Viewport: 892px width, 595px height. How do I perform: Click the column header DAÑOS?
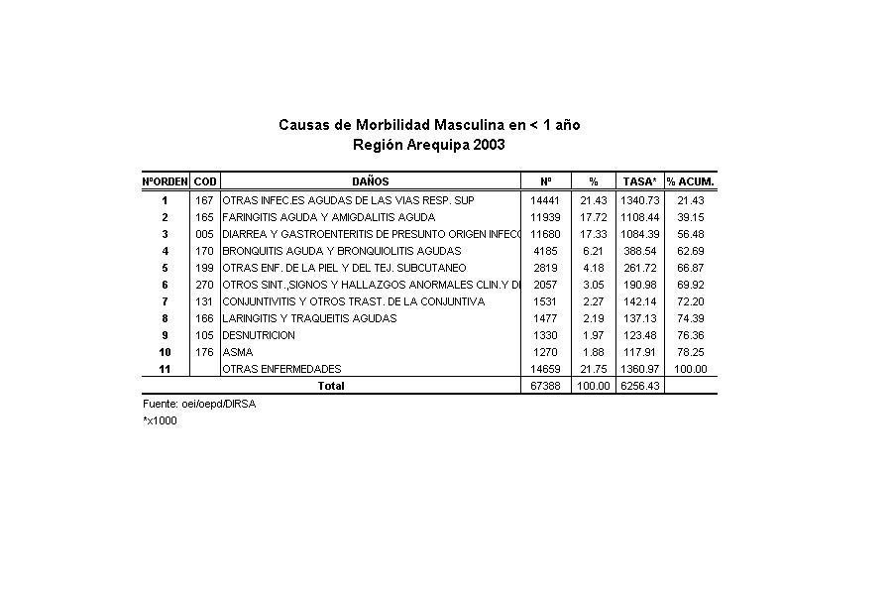[370, 181]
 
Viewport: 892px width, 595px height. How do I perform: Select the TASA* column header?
[639, 181]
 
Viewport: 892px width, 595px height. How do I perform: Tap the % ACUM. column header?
[690, 181]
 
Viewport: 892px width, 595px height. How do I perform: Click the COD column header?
[205, 181]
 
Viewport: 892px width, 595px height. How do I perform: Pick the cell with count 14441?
[546, 200]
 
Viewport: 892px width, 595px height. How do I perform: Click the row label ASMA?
[238, 352]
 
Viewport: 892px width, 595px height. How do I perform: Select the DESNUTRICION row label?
[259, 335]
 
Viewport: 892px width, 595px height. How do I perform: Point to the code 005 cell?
[205, 234]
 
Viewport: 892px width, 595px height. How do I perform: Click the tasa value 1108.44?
[639, 217]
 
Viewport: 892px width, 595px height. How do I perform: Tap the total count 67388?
[546, 386]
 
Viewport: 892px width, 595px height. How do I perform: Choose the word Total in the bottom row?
[331, 386]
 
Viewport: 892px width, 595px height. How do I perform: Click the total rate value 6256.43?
[639, 386]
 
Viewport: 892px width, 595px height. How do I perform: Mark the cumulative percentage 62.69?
[690, 251]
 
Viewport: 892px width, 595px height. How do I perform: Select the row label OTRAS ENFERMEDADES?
[281, 369]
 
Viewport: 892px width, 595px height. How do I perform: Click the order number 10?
[165, 352]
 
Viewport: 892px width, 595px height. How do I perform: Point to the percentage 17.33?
[593, 234]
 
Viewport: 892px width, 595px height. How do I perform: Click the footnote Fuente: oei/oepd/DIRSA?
[199, 405]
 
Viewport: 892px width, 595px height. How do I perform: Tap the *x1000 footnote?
[160, 420]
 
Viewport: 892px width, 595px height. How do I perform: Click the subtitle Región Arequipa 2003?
[429, 145]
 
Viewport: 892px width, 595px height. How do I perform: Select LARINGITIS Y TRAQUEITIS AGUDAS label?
[309, 318]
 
